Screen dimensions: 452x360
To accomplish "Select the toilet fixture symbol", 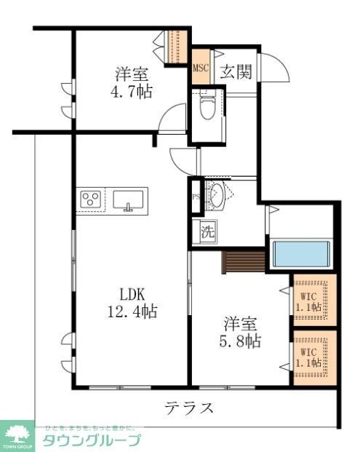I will click(x=207, y=106).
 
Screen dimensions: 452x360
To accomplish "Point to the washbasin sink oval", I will click(x=216, y=195).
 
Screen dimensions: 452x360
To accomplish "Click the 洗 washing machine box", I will click(x=208, y=233).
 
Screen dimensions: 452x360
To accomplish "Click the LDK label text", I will click(x=133, y=295).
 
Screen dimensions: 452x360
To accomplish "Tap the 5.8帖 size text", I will click(x=242, y=339).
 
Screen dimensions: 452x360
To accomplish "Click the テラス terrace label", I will click(x=188, y=407).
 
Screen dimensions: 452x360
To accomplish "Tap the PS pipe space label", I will click(x=195, y=197).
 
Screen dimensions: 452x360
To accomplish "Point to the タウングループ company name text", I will click(x=91, y=440).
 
